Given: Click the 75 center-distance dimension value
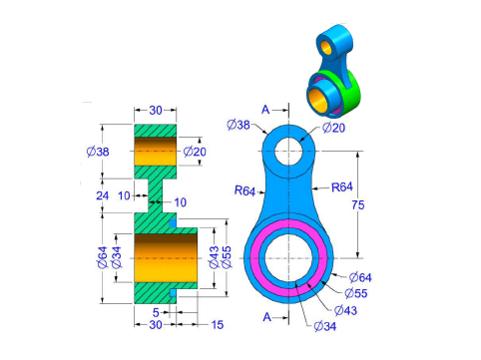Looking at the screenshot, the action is [x=358, y=205].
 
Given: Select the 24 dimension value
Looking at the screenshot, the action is [x=103, y=195].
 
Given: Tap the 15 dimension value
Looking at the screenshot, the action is [x=218, y=325].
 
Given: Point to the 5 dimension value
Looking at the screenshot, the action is [x=156, y=312].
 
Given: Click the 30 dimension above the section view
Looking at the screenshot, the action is [x=156, y=110].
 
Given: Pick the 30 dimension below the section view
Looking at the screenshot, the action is [x=156, y=325].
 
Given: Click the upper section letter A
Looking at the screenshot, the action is [x=265, y=110].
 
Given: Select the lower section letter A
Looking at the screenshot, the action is [x=267, y=317].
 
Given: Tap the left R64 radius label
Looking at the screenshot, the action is [x=244, y=190].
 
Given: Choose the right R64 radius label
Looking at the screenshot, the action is [x=342, y=187].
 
